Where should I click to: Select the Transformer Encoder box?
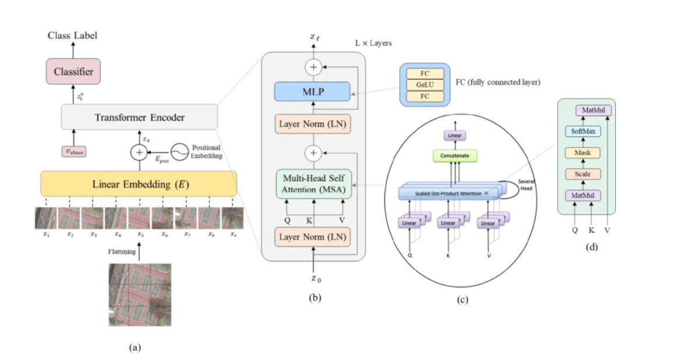pos(139,118)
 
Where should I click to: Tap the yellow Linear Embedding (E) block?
pos(139,184)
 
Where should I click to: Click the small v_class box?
pos(73,152)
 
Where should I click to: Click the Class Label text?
pos(72,36)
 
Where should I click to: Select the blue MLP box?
pos(313,91)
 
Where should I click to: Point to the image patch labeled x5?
pos(140,218)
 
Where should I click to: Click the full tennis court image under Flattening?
pos(140,294)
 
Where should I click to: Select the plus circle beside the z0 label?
pos(139,152)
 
